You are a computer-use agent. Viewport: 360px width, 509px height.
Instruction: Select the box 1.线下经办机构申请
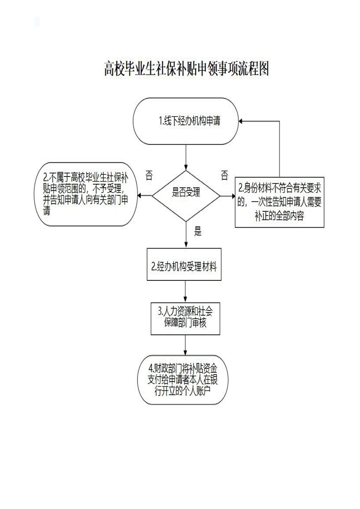coord(186,121)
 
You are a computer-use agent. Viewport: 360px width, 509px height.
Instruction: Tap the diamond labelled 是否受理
coord(186,196)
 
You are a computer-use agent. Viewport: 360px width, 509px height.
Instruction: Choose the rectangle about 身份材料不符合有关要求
coord(280,201)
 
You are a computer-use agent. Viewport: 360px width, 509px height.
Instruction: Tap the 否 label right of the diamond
coord(224,175)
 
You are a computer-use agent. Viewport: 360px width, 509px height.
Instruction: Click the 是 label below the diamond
coord(197,231)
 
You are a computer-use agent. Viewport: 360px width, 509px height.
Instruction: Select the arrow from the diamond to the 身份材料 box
coord(228,196)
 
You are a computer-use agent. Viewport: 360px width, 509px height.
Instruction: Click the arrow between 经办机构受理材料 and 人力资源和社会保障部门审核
coord(185,292)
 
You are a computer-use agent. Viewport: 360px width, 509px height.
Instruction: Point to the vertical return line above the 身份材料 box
coord(280,150)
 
